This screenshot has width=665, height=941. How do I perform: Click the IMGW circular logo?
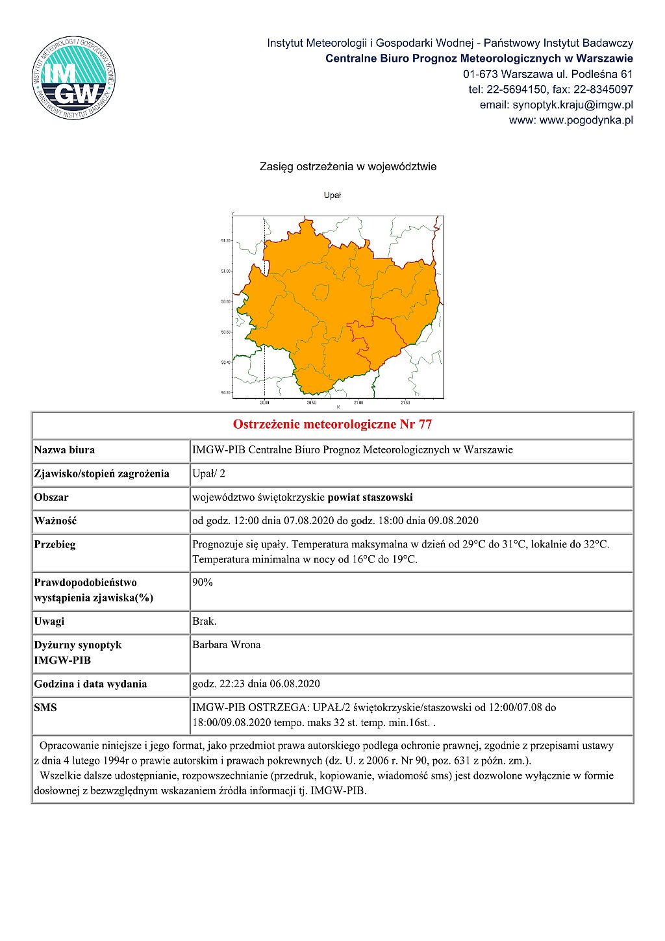[x=73, y=78]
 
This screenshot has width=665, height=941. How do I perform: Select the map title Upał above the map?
[x=332, y=195]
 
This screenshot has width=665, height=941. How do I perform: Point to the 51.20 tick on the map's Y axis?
[x=226, y=240]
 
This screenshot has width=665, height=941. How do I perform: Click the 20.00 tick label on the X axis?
[x=264, y=403]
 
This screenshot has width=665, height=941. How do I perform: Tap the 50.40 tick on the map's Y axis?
[x=226, y=362]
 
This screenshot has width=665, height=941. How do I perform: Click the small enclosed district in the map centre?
[x=321, y=292]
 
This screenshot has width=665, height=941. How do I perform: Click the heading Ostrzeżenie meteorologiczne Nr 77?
[x=332, y=425]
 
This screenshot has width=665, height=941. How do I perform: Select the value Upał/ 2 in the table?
[x=208, y=473]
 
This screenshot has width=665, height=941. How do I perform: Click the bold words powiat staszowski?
[x=370, y=497]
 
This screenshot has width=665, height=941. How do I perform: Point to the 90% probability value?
[x=202, y=582]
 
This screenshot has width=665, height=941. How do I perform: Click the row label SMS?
[x=45, y=707]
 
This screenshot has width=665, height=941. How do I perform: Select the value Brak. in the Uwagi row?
[x=204, y=621]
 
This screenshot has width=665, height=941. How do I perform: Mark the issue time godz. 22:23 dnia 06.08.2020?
[x=256, y=684]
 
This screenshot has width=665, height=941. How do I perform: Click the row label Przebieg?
[x=55, y=544]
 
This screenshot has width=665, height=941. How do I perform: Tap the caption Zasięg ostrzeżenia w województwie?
[x=348, y=167]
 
